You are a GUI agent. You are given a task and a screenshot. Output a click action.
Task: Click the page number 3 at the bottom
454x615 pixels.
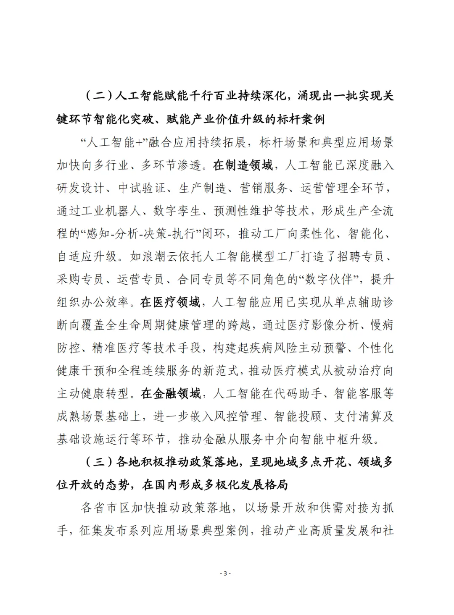click(x=226, y=573)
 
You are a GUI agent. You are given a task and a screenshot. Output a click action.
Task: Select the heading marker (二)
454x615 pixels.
click(x=98, y=96)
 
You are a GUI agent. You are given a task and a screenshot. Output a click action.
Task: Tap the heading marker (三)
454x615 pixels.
click(x=98, y=462)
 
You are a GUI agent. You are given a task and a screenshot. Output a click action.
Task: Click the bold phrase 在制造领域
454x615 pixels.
click(x=243, y=165)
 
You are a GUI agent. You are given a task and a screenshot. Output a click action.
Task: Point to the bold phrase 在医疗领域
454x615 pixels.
click(x=170, y=302)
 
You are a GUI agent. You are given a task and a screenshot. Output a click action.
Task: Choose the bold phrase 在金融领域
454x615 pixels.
click(x=170, y=394)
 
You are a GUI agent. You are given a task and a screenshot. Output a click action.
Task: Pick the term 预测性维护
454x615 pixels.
click(x=244, y=211)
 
